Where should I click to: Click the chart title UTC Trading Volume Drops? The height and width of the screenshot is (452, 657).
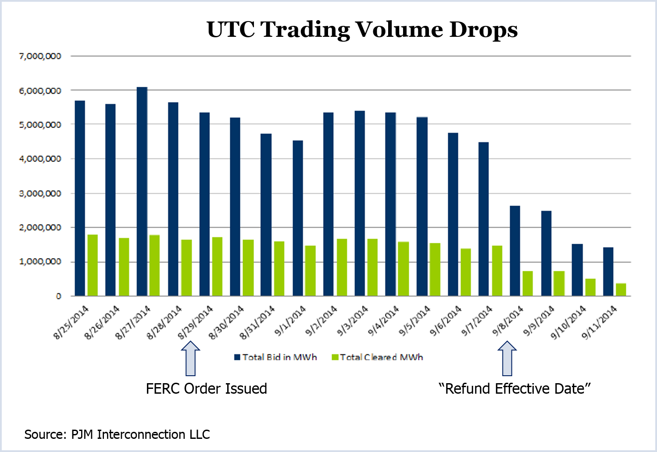tap(362, 30)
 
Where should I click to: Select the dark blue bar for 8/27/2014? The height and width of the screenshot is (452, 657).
tap(142, 192)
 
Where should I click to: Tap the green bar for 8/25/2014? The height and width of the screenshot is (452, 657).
tap(93, 265)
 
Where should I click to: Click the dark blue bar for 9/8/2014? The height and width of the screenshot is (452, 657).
tap(515, 251)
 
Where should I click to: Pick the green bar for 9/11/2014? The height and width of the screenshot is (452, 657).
tap(621, 289)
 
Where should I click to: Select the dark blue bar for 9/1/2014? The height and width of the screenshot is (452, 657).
tap(298, 218)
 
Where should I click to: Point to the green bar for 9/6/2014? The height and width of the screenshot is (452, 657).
tap(466, 272)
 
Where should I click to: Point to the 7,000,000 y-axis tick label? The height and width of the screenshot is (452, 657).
tap(40, 56)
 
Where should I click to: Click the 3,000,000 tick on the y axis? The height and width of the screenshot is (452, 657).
tap(40, 193)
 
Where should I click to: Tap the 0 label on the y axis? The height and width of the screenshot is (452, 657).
tap(58, 296)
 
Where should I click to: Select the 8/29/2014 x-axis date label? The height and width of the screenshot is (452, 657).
tap(196, 323)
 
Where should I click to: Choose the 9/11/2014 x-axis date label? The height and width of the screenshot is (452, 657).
tap(600, 323)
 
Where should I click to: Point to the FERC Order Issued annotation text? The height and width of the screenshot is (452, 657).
tap(206, 389)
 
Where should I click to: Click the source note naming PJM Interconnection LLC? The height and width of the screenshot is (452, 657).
tap(117, 434)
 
